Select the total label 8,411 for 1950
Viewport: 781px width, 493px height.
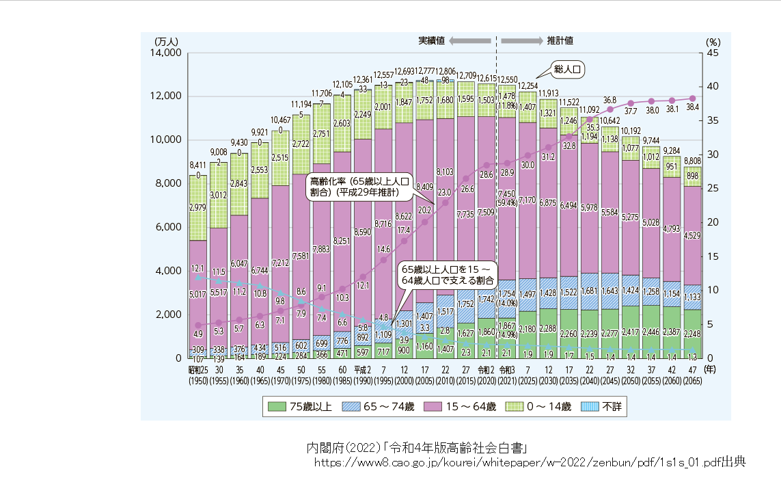pos(197,165)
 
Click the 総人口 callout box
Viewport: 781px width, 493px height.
pos(568,69)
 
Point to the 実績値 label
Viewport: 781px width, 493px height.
pos(431,40)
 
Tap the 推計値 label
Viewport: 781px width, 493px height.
pos(560,40)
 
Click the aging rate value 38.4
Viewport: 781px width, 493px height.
pos(693,107)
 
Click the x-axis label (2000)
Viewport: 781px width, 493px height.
pos(404,381)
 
